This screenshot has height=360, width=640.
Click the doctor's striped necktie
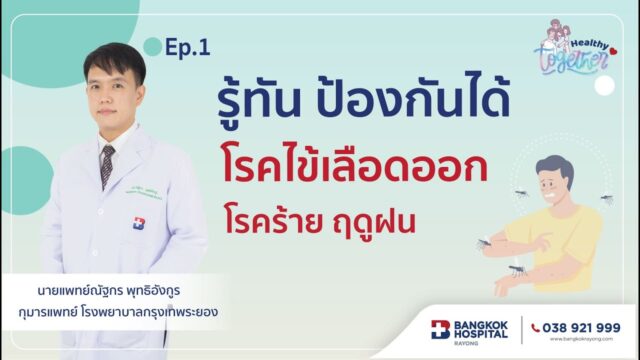click(x=107, y=166)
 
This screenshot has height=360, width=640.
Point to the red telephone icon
click(x=537, y=327)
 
